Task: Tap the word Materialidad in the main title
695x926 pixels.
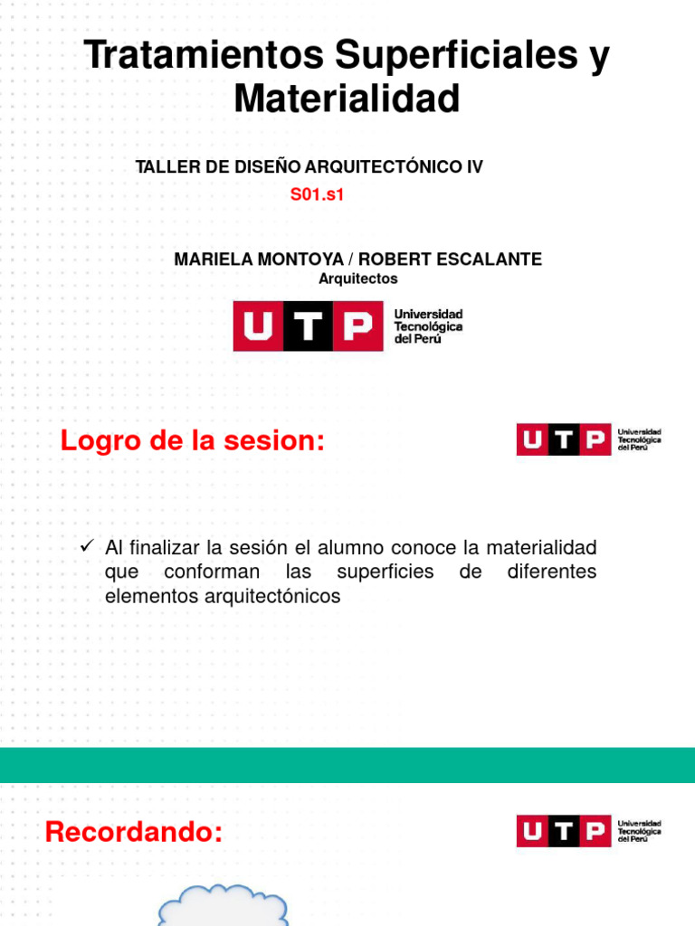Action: coord(347,99)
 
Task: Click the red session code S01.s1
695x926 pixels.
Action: coord(318,194)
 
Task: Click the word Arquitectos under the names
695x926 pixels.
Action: coord(357,279)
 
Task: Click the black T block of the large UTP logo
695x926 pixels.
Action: coord(309,326)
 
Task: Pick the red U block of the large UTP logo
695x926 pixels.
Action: coord(259,326)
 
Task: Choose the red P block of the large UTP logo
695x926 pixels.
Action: coord(358,326)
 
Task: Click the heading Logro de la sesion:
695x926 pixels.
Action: coord(192,442)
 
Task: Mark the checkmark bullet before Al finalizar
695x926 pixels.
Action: coord(88,546)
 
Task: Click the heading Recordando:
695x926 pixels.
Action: coord(134,831)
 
